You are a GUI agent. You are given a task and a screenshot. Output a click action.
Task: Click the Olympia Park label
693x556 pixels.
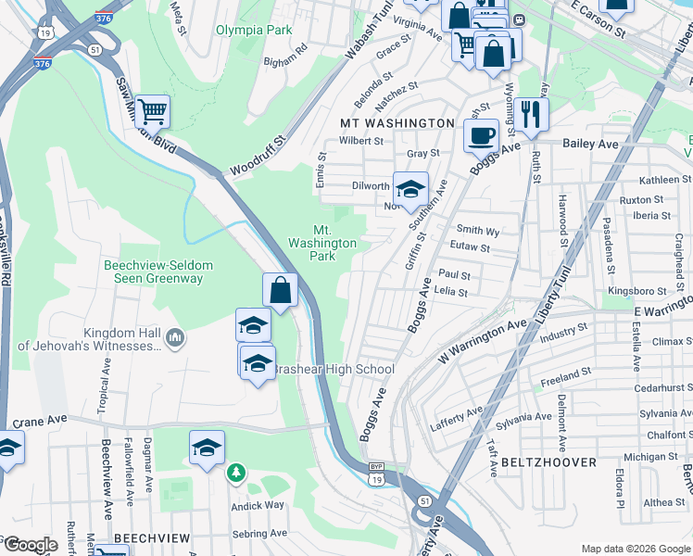pyautogui.click(x=254, y=31)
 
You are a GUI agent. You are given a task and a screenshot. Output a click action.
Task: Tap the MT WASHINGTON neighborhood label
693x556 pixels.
pyautogui.click(x=397, y=123)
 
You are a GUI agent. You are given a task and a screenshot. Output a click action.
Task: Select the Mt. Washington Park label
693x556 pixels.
pyautogui.click(x=321, y=243)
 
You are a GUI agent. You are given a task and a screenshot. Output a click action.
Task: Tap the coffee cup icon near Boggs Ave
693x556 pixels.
pyautogui.click(x=481, y=135)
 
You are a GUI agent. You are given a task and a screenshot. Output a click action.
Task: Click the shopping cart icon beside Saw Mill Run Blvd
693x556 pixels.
pyautogui.click(x=152, y=111)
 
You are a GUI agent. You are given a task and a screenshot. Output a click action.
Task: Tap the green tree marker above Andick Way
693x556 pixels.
pyautogui.click(x=236, y=474)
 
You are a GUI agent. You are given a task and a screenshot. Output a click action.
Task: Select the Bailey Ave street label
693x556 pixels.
pyautogui.click(x=590, y=145)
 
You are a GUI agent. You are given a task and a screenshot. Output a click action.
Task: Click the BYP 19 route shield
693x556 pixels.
pyautogui.click(x=374, y=474)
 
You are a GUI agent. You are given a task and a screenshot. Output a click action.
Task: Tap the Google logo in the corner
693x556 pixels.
pyautogui.click(x=31, y=545)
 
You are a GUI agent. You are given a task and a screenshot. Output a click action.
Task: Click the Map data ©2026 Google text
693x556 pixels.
pyautogui.click(x=635, y=549)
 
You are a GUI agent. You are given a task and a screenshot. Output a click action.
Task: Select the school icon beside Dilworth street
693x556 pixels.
pyautogui.click(x=410, y=188)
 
